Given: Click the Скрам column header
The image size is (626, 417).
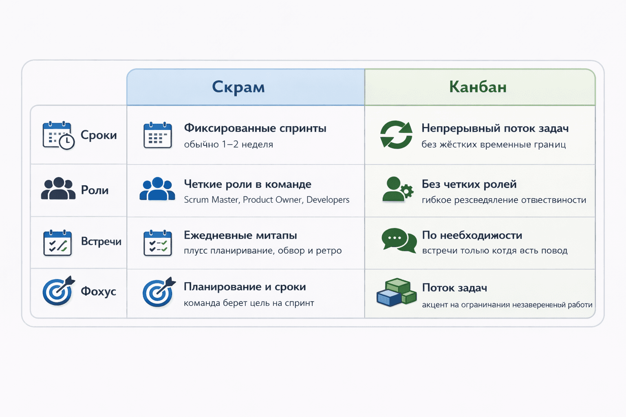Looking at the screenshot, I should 238,87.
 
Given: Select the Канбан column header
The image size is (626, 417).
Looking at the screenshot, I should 478,87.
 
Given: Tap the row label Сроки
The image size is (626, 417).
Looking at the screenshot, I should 99,135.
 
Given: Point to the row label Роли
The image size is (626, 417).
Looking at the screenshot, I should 95,190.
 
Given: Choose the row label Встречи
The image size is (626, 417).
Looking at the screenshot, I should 101,241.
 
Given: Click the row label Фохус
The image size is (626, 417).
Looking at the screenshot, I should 98,292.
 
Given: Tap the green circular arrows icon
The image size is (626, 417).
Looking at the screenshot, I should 396,135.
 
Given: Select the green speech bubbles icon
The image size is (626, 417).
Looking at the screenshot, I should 399,241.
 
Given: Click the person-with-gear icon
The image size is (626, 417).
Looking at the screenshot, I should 397,189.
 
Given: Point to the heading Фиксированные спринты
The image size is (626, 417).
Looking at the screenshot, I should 255,128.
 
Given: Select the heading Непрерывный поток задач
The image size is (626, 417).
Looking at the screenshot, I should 495,128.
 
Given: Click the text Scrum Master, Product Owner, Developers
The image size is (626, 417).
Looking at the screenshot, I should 267,200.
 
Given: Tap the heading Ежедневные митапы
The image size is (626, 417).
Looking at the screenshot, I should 240,235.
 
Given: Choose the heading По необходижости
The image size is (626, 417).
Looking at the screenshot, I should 472,235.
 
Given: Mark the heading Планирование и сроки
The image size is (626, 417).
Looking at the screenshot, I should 245,287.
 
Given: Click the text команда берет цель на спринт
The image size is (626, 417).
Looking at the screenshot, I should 249,303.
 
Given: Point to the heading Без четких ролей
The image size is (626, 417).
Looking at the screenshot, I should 469,184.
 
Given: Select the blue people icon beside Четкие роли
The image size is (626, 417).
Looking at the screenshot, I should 157,189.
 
